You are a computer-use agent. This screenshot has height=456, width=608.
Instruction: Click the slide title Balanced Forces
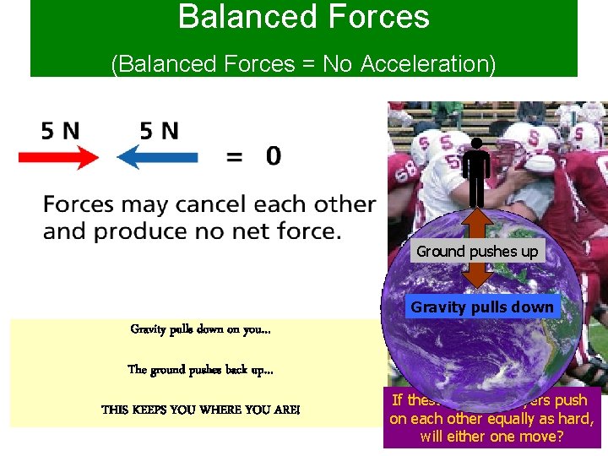tap(303, 17)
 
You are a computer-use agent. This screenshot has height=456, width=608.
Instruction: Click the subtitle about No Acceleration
tap(303, 64)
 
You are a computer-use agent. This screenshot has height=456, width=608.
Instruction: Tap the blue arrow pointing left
tap(157, 157)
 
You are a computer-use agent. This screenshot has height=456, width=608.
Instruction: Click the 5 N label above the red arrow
tap(60, 131)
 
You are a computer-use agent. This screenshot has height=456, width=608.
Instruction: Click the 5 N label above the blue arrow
tap(159, 131)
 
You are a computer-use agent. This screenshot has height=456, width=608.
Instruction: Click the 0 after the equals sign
tap(273, 155)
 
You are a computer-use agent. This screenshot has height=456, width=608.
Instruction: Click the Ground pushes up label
tap(477, 251)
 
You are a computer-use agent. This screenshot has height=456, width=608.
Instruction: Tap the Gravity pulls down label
tap(482, 307)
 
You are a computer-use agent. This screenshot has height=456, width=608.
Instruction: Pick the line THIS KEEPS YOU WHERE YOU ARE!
tap(200, 410)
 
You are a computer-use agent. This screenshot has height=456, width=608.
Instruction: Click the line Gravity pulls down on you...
tap(200, 329)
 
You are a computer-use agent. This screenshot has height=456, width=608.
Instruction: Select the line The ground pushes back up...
tap(200, 369)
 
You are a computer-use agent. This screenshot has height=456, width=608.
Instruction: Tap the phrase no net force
tap(272, 231)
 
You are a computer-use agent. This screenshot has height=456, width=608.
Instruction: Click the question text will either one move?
tap(491, 437)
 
